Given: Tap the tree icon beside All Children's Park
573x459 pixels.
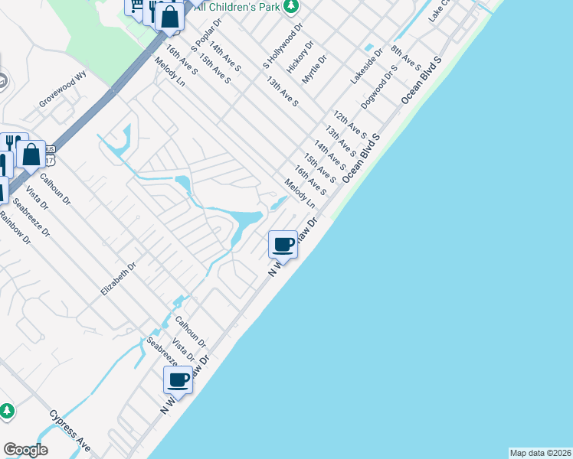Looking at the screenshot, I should (290, 7).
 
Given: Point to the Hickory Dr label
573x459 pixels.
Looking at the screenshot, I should (300, 57).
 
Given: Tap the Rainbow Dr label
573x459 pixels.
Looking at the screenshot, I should (15, 227).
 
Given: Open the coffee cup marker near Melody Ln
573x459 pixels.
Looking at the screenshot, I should (283, 244).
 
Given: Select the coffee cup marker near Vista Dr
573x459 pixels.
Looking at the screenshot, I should (178, 379).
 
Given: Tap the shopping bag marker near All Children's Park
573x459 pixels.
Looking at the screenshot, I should (169, 15).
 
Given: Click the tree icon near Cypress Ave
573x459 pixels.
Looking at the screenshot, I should (7, 412).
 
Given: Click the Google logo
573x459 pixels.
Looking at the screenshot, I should (25, 449).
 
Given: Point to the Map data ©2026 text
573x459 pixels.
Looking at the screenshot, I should (540, 453).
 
